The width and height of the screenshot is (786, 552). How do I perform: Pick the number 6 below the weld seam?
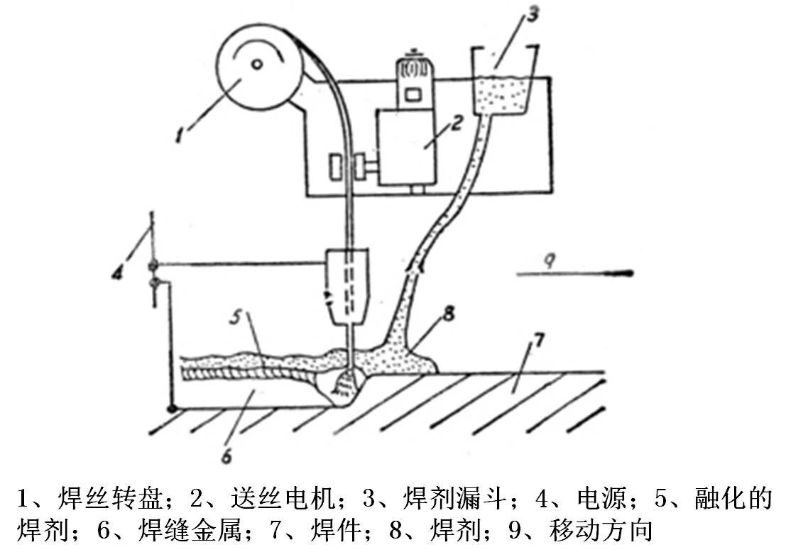226,456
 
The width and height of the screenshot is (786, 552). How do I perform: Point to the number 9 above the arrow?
548,260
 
